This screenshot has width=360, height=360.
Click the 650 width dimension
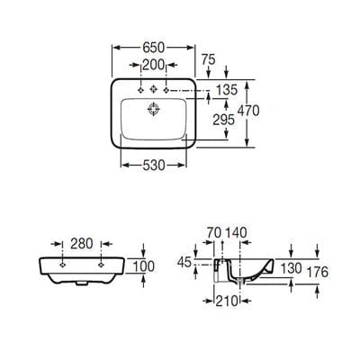pos(154,48)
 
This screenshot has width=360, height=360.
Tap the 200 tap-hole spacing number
pos(154,65)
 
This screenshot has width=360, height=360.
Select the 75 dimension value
pos(209,59)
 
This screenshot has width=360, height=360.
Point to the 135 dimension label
pos(227,90)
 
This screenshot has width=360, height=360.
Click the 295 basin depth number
pos(223,120)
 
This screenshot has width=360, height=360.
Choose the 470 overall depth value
pos(248,111)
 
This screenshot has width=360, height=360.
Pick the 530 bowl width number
pos(154,165)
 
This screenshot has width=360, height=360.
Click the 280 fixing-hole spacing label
pos(82,244)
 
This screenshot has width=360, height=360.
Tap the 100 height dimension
pos(144,266)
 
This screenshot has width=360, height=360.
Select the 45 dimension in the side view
pos(184,263)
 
